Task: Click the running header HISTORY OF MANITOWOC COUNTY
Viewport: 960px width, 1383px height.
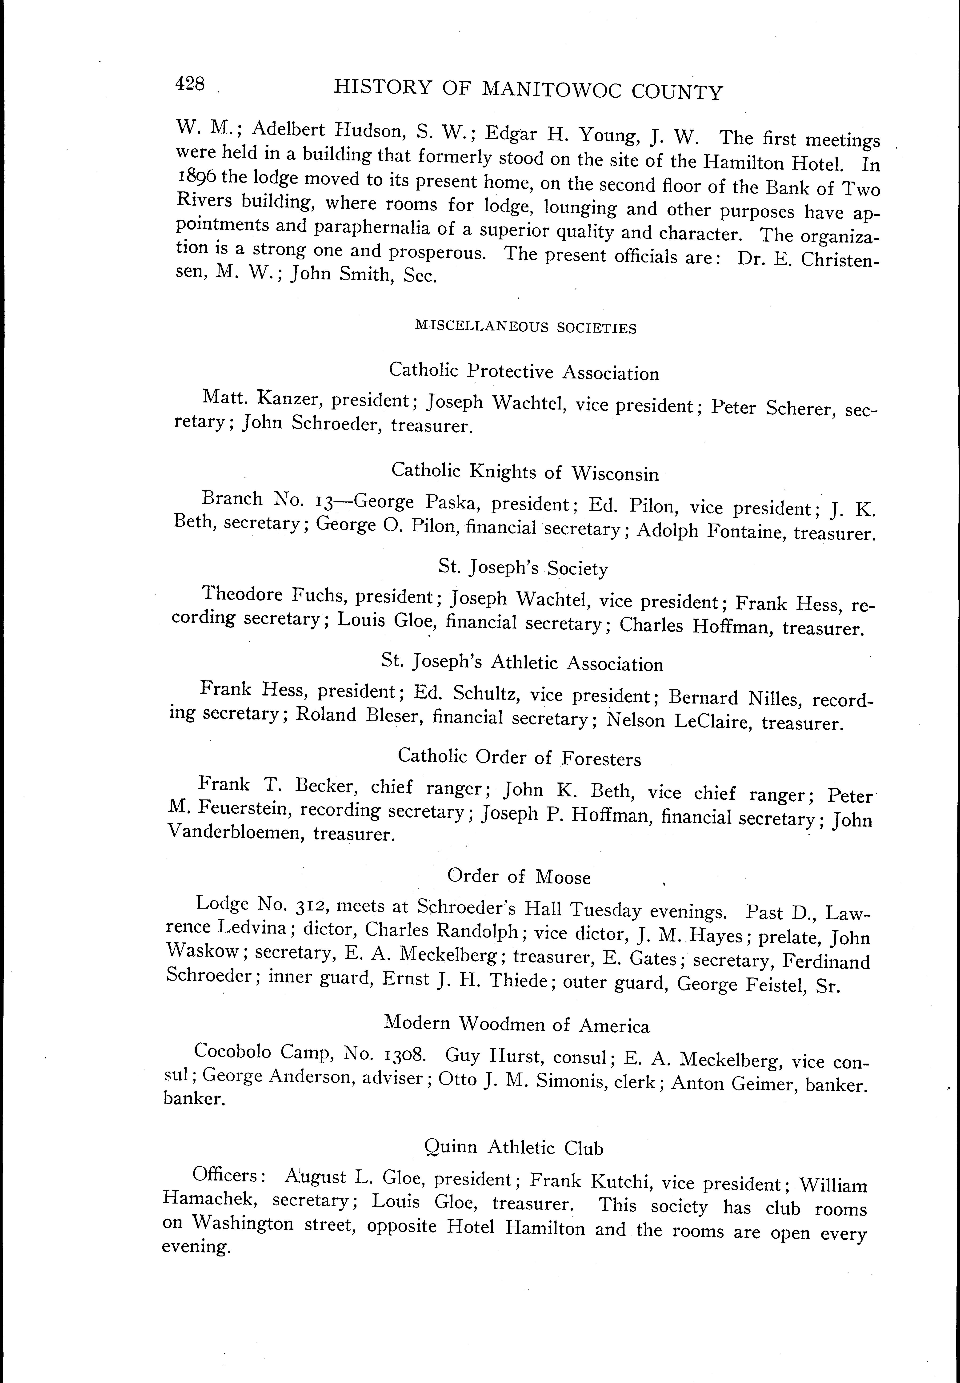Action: (528, 90)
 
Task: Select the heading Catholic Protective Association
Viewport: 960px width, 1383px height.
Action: (524, 372)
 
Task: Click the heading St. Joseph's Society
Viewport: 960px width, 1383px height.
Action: (523, 568)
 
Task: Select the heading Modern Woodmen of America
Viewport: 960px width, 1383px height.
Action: (517, 1023)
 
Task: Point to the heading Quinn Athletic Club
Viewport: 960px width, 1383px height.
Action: (514, 1147)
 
